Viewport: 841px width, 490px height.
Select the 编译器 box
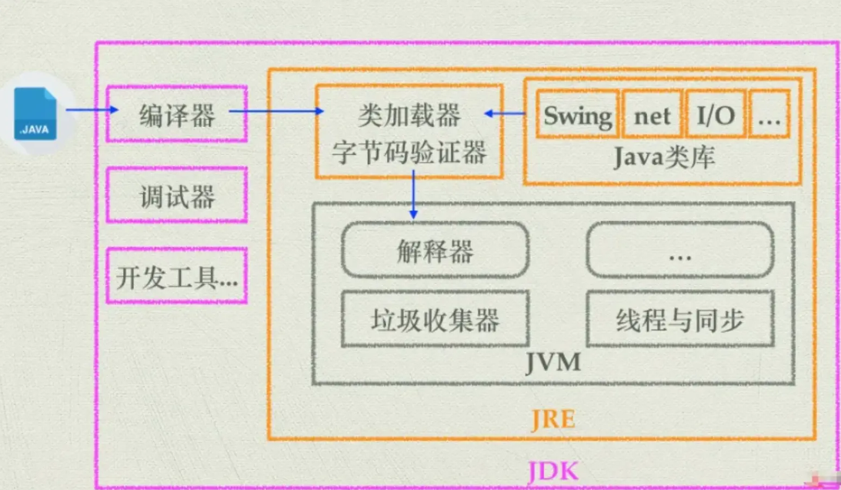(x=176, y=115)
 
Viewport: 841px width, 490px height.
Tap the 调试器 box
(x=176, y=196)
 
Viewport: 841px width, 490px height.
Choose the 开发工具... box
(x=176, y=277)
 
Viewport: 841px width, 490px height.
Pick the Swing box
(x=577, y=116)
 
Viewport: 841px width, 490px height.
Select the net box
(x=652, y=116)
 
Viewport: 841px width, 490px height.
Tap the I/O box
(x=715, y=116)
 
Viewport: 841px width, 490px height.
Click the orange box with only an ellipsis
(x=769, y=116)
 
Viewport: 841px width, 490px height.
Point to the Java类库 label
(x=664, y=157)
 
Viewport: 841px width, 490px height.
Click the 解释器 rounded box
(x=435, y=250)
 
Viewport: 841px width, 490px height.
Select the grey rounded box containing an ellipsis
(x=679, y=250)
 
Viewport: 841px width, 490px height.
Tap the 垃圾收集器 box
(x=435, y=317)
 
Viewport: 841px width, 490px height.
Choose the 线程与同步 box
(x=679, y=317)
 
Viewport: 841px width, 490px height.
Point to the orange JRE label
(x=552, y=421)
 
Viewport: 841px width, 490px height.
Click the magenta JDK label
(x=552, y=470)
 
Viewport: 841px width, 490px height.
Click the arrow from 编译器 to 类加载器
(x=276, y=112)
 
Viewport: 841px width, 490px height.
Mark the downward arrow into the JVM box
(x=414, y=193)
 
